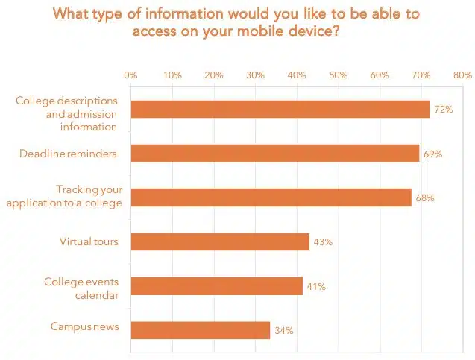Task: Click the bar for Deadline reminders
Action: click(274, 154)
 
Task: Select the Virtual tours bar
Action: click(220, 241)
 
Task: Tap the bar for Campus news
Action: click(200, 329)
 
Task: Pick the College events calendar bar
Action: click(216, 286)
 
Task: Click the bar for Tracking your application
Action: click(271, 198)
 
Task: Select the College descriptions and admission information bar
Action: click(280, 110)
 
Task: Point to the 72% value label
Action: click(444, 110)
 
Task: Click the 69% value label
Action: click(433, 154)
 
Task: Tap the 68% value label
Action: click(425, 198)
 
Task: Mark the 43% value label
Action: click(322, 242)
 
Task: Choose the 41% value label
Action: click(315, 287)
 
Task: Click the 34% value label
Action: click(283, 330)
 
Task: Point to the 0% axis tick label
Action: click(130, 75)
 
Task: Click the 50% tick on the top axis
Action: click(338, 75)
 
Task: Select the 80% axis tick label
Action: click(462, 75)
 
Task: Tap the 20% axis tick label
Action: click(214, 75)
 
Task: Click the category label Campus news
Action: click(85, 326)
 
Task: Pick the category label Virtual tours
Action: click(89, 241)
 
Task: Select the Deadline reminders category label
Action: click(68, 154)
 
